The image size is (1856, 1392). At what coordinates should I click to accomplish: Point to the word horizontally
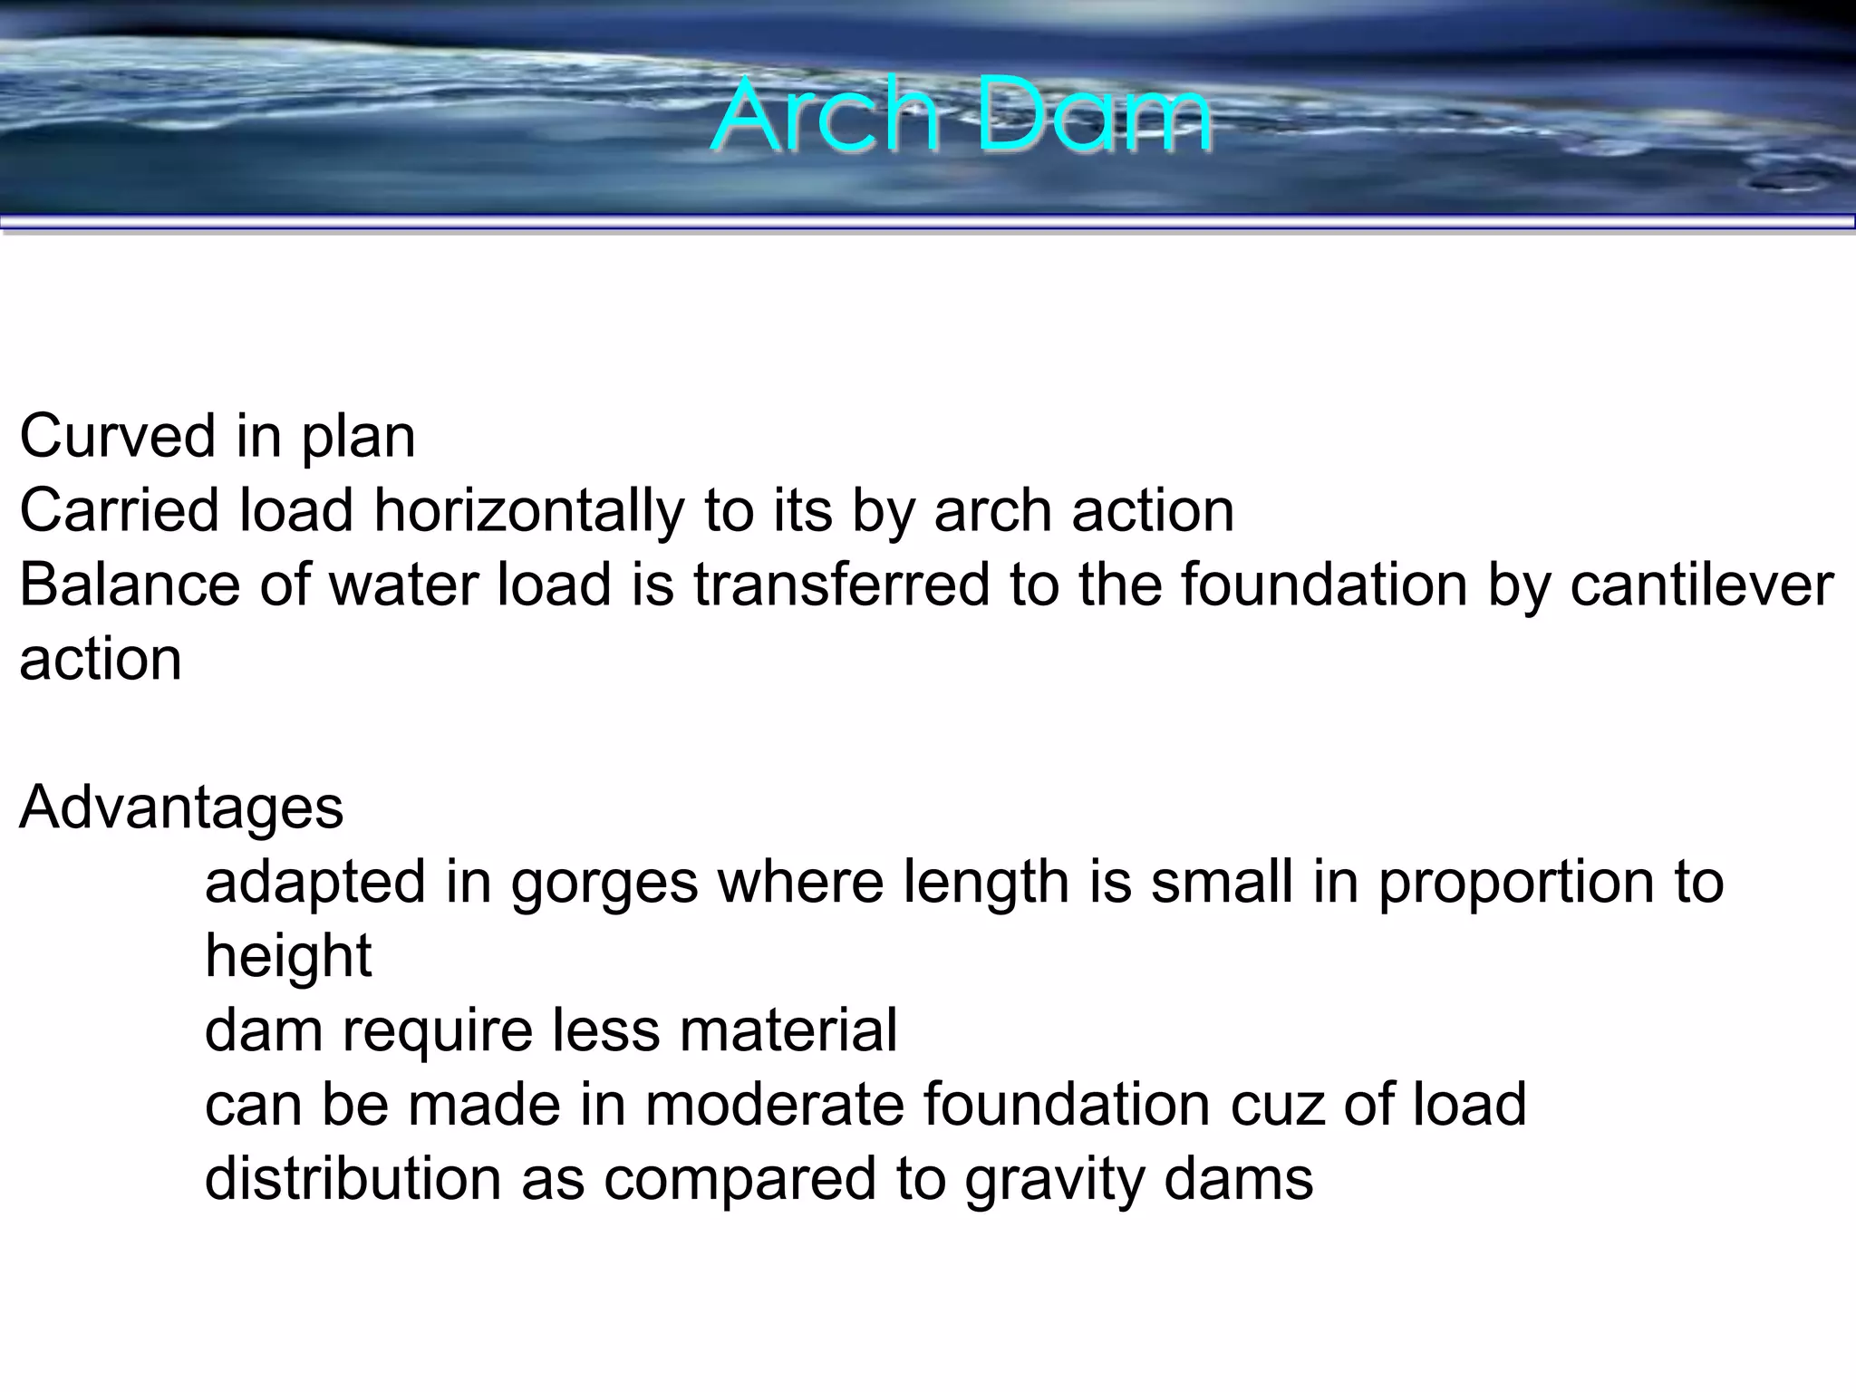(x=528, y=511)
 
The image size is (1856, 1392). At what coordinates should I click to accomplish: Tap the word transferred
(x=842, y=585)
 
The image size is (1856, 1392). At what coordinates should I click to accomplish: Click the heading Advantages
(x=181, y=807)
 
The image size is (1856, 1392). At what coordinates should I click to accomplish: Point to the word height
(x=288, y=957)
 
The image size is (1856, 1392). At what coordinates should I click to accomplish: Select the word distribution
(x=353, y=1180)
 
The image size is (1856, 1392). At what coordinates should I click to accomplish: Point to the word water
(x=402, y=585)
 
